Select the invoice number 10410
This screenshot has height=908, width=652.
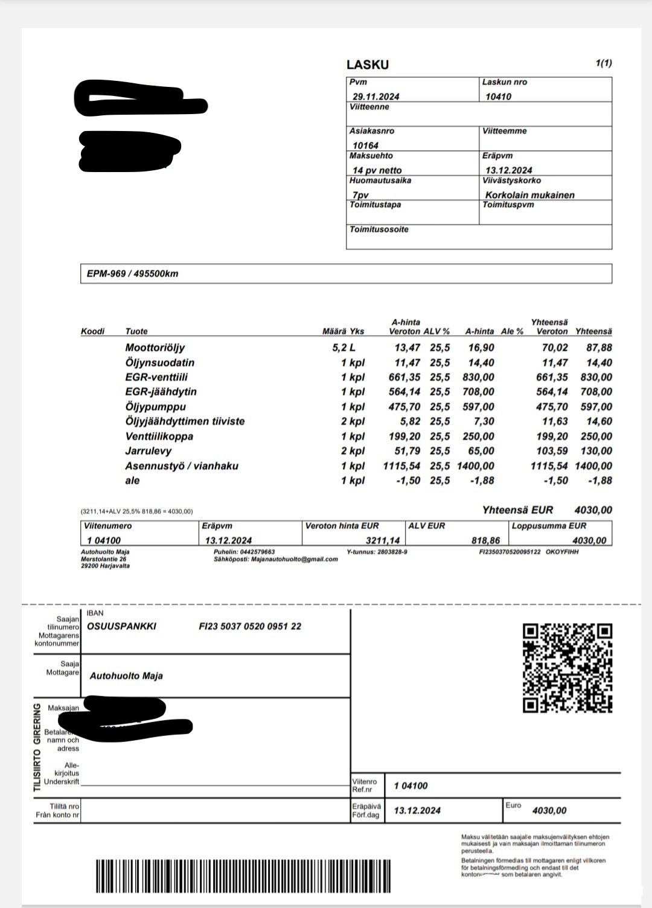[x=498, y=97]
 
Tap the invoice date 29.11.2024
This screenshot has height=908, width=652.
[x=376, y=97]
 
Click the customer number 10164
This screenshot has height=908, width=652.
[x=365, y=145]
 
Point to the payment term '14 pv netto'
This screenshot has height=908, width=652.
[x=377, y=170]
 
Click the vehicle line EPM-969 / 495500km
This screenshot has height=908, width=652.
[x=132, y=273]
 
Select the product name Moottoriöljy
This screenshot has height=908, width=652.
[x=155, y=348]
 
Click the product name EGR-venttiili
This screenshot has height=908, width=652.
[x=156, y=377]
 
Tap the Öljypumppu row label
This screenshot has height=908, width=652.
[x=155, y=407]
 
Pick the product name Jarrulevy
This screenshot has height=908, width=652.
[x=148, y=451]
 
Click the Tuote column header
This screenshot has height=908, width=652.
[x=136, y=331]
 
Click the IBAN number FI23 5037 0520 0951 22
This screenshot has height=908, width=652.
[x=250, y=627]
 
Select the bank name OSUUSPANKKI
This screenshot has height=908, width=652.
[x=121, y=627]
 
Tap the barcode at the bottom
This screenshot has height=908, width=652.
[x=245, y=876]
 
